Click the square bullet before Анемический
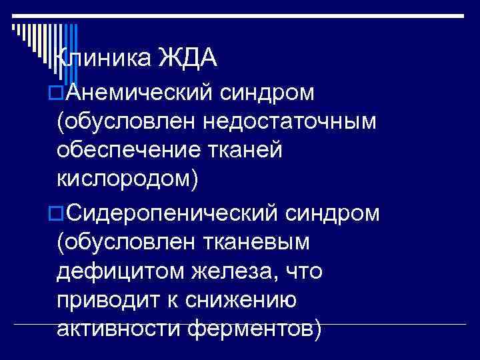(x=58, y=92)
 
